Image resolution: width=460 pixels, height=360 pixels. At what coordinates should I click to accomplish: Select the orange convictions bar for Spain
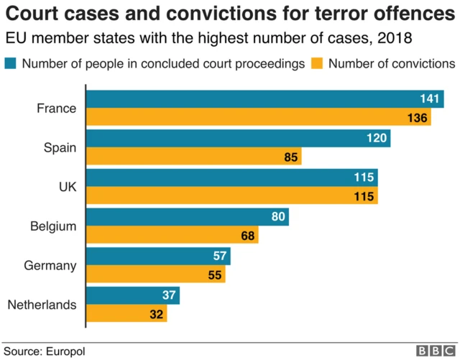194,157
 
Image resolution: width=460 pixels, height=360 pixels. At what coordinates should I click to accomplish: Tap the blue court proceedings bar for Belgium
188,216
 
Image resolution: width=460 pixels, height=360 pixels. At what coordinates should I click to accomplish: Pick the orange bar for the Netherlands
126,314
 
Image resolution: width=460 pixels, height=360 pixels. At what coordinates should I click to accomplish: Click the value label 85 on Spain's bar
290,157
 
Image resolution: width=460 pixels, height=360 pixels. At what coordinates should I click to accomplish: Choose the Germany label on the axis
50,265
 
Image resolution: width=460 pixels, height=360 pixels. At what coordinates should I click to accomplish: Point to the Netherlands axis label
42,305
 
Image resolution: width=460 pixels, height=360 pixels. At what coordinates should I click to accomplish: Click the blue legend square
11,63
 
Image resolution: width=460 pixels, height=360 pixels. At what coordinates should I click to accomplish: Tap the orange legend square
317,63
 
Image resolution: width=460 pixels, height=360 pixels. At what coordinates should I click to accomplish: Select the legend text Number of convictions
392,63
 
